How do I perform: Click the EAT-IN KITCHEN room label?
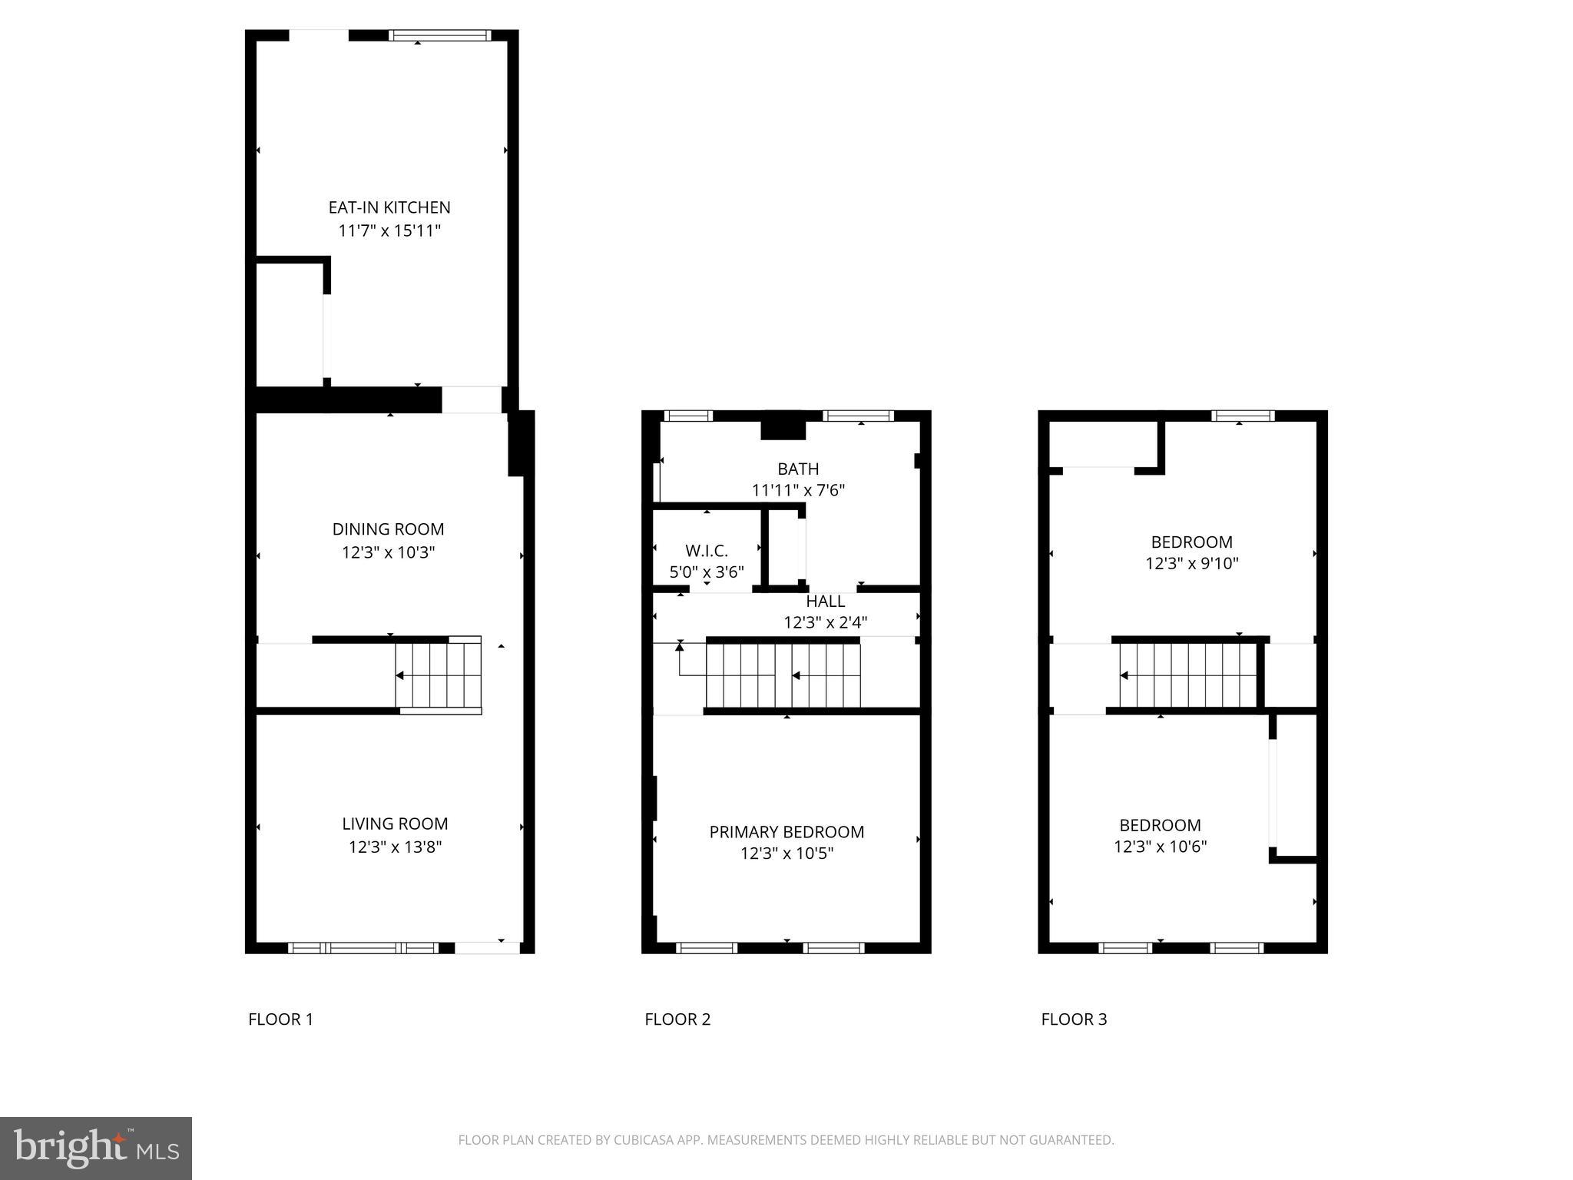389,207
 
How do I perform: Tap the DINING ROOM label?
388,529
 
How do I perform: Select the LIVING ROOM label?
395,824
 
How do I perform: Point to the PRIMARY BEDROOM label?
786,832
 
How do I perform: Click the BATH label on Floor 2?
798,469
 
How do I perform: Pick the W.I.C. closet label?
707,551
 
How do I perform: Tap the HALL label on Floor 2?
826,602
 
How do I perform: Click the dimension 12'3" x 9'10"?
1191,563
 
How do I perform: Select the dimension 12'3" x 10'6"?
1160,847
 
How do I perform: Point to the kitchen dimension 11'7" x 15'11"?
389,230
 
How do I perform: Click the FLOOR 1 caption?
280,1019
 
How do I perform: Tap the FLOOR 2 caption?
677,1019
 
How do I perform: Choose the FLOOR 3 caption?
1074,1019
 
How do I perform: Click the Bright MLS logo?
96,1148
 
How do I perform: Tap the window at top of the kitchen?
439,35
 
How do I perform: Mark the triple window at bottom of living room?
363,948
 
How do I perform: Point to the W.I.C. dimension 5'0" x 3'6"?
707,572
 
